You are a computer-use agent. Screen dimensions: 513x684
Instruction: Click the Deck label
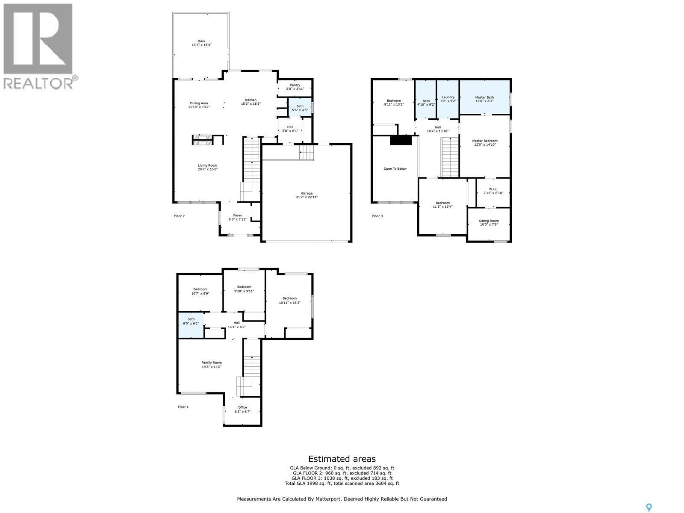[201, 41]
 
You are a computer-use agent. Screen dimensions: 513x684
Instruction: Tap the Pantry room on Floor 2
[295, 87]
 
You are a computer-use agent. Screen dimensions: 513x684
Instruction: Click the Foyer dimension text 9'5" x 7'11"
[238, 219]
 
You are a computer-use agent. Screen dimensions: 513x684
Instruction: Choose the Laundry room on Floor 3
[448, 99]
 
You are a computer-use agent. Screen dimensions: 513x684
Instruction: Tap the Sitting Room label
[489, 221]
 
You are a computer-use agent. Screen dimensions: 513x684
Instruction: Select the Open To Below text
[395, 169]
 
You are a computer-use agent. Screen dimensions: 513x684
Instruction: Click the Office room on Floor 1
[242, 410]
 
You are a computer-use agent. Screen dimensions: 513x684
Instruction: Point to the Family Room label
[212, 363]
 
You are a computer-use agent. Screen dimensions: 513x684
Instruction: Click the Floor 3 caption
[377, 216]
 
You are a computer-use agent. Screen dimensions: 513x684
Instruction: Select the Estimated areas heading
[342, 459]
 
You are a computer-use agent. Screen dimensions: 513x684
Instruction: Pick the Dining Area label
[199, 103]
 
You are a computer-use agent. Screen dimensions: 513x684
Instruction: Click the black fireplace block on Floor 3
[401, 140]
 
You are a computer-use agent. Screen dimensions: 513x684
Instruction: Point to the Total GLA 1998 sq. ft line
[342, 484]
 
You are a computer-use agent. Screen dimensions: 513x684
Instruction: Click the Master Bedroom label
[485, 141]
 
